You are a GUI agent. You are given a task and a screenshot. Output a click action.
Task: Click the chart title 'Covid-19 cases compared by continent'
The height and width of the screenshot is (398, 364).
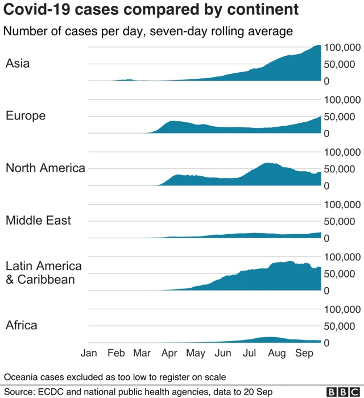tap(151, 10)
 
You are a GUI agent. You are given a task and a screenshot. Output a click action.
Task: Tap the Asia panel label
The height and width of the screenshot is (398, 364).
tap(18, 63)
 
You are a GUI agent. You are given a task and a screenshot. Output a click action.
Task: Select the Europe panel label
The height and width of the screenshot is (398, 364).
tap(25, 115)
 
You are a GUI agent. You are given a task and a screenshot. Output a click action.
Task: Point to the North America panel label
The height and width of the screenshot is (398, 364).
tap(45, 168)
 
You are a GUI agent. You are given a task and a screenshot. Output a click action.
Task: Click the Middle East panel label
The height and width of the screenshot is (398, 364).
tap(38, 220)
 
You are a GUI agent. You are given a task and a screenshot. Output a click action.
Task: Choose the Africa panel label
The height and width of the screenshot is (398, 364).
tap(21, 325)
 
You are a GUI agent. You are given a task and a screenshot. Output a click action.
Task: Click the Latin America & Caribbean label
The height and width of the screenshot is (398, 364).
tap(44, 272)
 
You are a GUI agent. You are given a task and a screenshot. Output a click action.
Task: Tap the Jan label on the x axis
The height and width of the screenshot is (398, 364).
tap(89, 353)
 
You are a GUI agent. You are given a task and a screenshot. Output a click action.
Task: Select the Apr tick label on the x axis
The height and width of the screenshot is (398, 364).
tap(169, 353)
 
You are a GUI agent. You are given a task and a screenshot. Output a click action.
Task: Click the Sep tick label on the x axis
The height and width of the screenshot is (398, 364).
tap(304, 353)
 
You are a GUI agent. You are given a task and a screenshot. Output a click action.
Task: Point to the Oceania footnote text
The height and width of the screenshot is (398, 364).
tap(115, 376)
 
